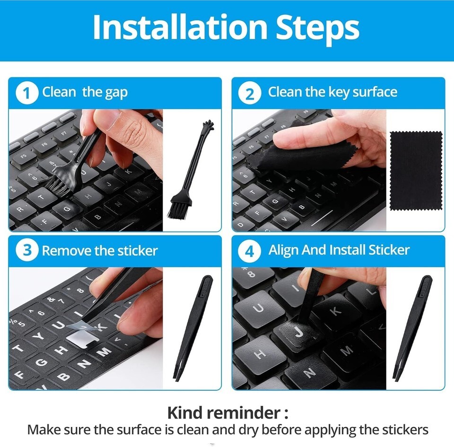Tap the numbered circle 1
27,93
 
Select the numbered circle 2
250,93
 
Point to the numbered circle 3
27,250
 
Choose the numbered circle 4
250,251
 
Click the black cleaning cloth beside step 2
416,171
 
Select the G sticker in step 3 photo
42,361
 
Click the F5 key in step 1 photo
24,157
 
